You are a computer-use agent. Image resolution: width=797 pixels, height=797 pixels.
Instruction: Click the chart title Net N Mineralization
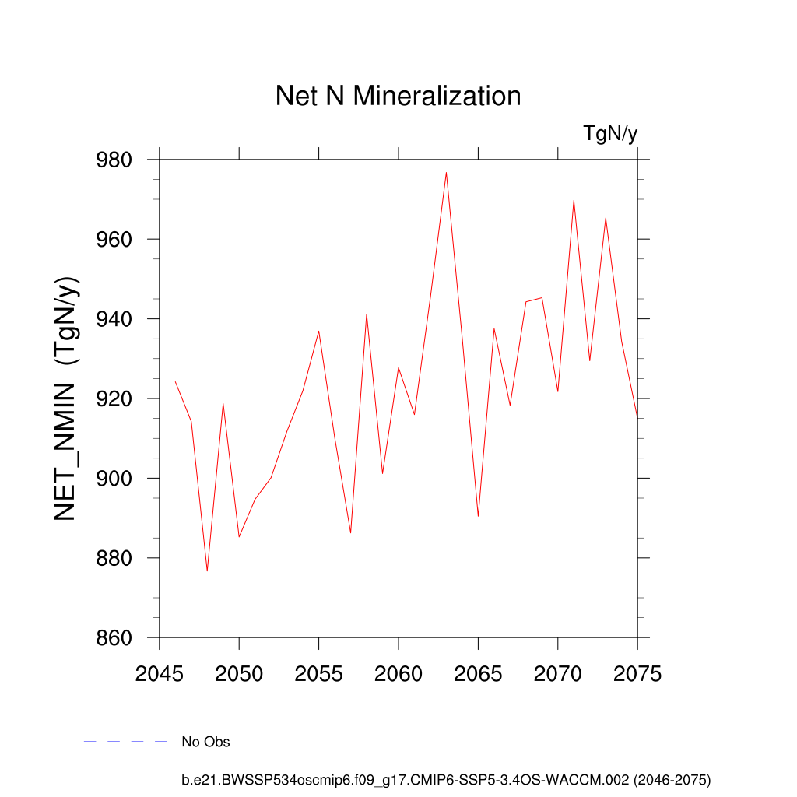pos(398,96)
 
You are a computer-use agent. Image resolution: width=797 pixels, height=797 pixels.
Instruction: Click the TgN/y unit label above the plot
pos(610,134)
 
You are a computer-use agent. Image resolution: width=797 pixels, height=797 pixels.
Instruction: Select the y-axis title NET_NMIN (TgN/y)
pos(68,398)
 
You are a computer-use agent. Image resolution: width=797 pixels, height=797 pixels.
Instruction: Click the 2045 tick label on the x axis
pos(159,674)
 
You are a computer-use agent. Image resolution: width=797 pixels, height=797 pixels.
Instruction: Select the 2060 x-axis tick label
pos(398,674)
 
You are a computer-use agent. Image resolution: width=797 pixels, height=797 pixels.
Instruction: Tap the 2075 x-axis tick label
pos(637,674)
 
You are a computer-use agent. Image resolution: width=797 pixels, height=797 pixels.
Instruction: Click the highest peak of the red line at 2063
pos(446,172)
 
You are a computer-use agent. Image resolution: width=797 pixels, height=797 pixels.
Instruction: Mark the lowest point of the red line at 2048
pos(207,571)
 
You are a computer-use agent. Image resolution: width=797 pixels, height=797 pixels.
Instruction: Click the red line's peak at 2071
pos(574,200)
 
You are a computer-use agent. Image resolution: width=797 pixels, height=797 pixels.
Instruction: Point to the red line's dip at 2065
pos(478,516)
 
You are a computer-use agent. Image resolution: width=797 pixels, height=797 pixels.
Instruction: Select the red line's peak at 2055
pos(318,331)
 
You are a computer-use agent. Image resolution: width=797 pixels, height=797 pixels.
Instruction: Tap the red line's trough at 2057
pos(350,533)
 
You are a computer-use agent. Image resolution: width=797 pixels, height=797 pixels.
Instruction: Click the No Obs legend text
pos(205,742)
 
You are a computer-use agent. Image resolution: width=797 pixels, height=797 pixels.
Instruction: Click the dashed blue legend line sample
pos(126,742)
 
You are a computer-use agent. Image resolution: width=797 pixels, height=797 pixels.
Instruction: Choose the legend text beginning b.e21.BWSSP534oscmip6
pos(446,779)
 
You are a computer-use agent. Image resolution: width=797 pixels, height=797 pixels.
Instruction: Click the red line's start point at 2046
pos(175,381)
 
